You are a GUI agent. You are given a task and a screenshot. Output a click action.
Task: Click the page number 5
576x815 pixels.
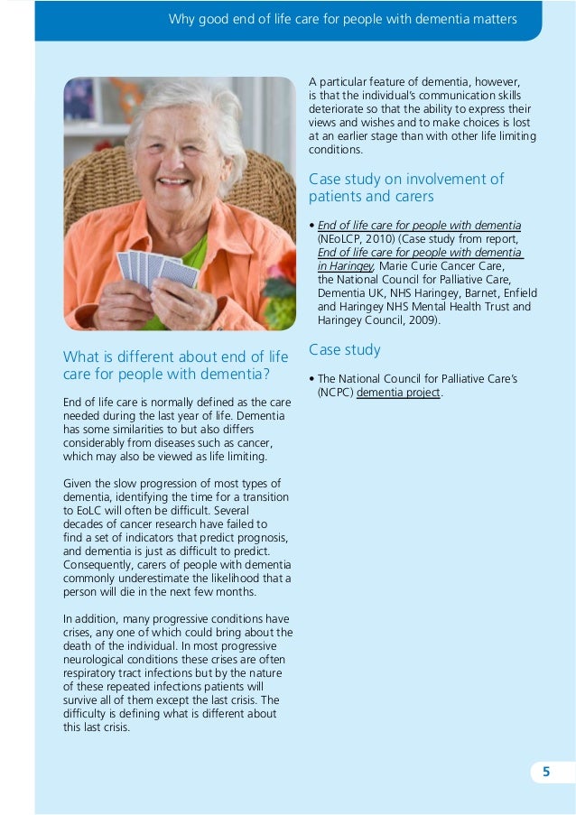(x=545, y=772)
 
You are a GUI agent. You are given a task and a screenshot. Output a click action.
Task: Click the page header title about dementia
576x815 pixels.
(x=343, y=19)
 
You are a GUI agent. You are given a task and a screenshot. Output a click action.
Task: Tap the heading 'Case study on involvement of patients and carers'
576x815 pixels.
(x=406, y=188)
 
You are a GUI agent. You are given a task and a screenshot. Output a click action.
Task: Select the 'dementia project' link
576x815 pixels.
(x=398, y=393)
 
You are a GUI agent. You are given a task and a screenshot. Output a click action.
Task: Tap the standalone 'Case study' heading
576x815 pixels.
(x=345, y=349)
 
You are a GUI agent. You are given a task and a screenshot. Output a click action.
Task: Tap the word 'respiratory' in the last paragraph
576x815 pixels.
(x=91, y=672)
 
